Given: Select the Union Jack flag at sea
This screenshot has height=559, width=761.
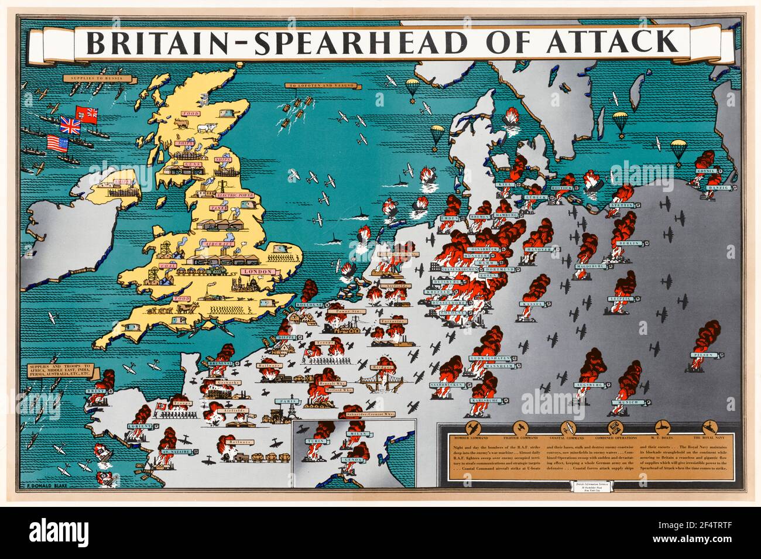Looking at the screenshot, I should (x=70, y=124).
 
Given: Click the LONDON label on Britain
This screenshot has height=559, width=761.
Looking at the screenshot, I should (x=258, y=272).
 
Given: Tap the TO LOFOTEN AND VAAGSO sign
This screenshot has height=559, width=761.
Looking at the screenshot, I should (x=314, y=86).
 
